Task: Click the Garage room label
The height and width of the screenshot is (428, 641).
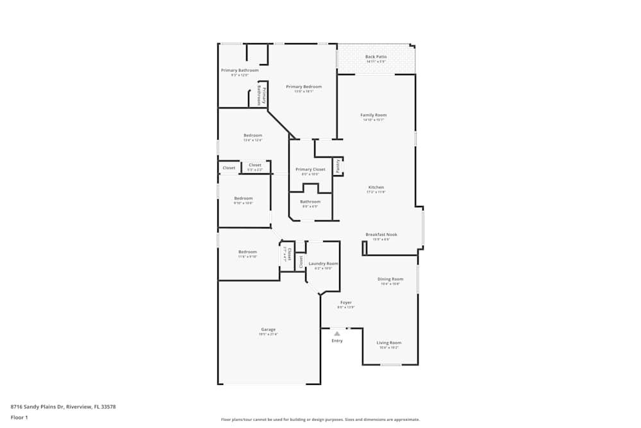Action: click(268, 330)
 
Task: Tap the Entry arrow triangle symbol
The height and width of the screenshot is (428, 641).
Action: click(337, 334)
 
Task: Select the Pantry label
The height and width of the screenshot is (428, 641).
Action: click(338, 166)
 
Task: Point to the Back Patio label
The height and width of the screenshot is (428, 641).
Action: click(376, 57)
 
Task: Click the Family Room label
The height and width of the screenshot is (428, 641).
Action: click(373, 116)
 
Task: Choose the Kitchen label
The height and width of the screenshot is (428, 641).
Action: click(376, 187)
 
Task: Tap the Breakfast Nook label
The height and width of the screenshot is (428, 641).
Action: click(381, 235)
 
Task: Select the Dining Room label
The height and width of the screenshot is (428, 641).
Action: click(390, 279)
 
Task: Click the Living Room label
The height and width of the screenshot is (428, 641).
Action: click(388, 343)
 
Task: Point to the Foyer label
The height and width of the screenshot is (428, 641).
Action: click(345, 303)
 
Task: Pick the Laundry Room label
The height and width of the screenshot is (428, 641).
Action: click(323, 264)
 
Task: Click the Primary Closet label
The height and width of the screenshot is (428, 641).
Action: click(310, 169)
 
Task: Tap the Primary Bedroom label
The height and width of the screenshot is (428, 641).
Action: click(304, 87)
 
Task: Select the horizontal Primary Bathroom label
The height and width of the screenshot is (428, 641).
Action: click(240, 71)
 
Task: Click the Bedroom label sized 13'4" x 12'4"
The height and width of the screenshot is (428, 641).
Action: click(253, 135)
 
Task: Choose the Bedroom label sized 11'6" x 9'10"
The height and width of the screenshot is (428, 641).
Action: click(247, 252)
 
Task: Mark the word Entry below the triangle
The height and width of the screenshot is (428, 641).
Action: click(337, 341)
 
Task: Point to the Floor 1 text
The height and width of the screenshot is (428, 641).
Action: click(19, 417)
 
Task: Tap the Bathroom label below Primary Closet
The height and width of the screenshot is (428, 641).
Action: click(310, 202)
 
